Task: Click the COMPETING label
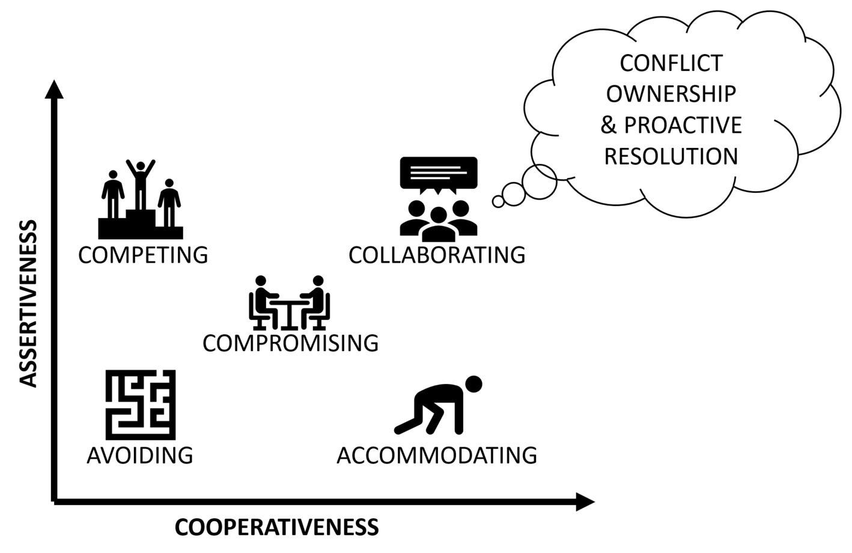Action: click(143, 255)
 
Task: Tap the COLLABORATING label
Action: click(437, 255)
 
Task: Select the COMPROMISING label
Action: click(291, 343)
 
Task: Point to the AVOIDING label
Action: click(140, 455)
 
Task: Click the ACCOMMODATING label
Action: click(437, 455)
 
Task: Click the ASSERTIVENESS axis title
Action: click(28, 304)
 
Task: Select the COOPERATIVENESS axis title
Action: click(276, 527)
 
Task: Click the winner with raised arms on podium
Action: click(141, 185)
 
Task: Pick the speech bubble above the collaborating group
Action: click(439, 174)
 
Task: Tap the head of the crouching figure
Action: click(473, 385)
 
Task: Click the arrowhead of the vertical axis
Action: click(54, 90)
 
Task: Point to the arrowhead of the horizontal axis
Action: click(585, 502)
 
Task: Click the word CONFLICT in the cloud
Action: click(671, 63)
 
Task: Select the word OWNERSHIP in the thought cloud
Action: click(671, 94)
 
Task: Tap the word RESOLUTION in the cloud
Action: click(671, 156)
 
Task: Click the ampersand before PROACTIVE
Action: click(609, 125)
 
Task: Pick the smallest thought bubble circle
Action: click(498, 201)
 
